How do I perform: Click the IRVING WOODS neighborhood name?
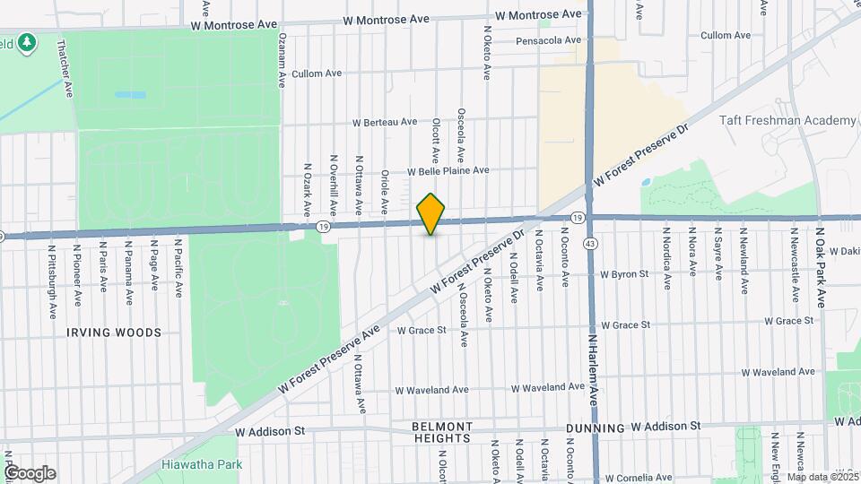(x=114, y=333)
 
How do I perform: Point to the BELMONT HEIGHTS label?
(x=443, y=432)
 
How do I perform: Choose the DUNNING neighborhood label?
(x=596, y=428)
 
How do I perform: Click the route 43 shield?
(x=590, y=244)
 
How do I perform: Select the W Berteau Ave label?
(x=385, y=122)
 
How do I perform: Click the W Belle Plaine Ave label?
(x=448, y=170)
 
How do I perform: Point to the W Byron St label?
(x=624, y=273)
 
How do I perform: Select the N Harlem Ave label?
(x=593, y=367)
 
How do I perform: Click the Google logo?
(x=30, y=473)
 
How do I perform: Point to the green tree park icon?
(x=29, y=41)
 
